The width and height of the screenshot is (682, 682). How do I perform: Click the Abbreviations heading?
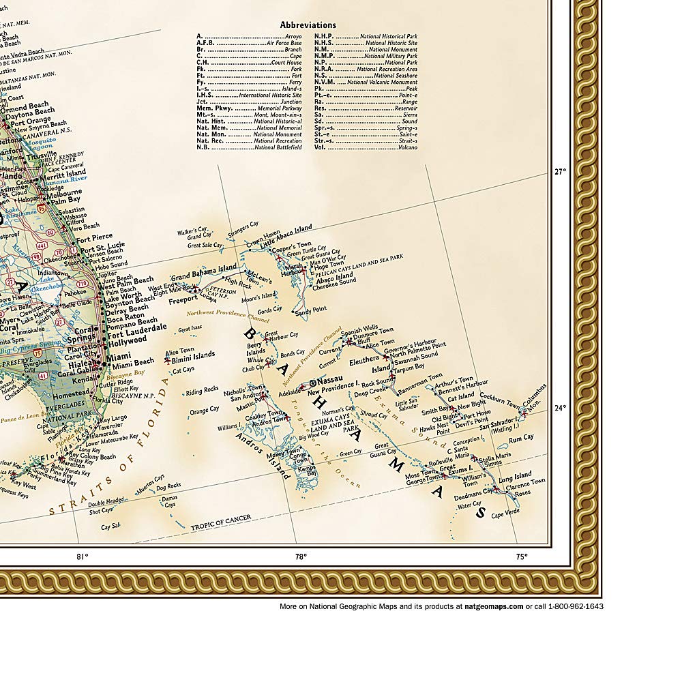click(308, 25)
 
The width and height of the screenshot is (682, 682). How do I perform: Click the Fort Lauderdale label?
click(138, 327)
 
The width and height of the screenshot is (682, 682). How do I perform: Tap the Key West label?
click(24, 486)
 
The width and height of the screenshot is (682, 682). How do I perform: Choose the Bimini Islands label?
click(194, 355)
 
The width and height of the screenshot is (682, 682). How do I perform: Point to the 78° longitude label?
click(300, 557)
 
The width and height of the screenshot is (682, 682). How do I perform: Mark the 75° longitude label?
click(520, 557)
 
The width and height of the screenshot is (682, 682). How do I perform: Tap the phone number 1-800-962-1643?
click(572, 606)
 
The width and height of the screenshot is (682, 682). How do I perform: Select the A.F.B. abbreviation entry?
click(205, 43)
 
